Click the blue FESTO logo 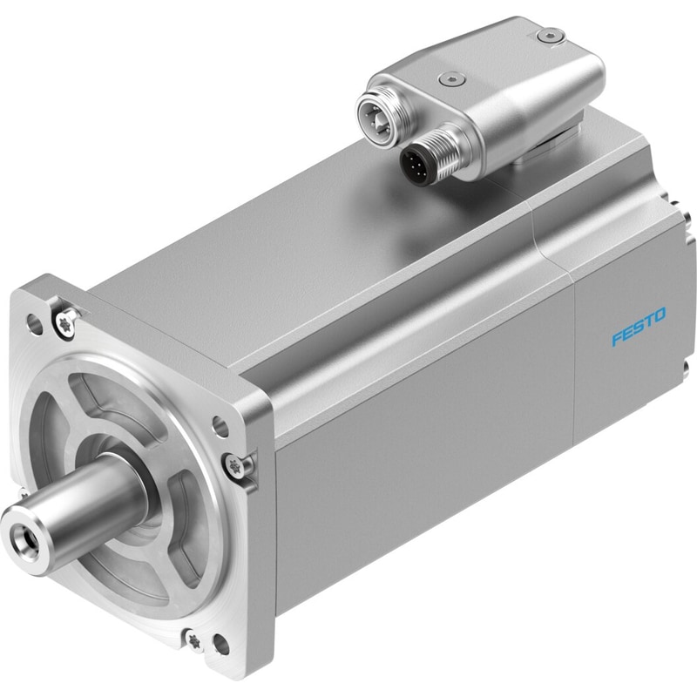coord(639,326)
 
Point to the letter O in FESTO coord(660,315)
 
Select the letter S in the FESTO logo coord(639,326)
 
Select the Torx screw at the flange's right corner coord(235,466)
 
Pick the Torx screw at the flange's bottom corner coord(194,640)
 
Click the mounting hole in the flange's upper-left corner coord(35,324)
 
